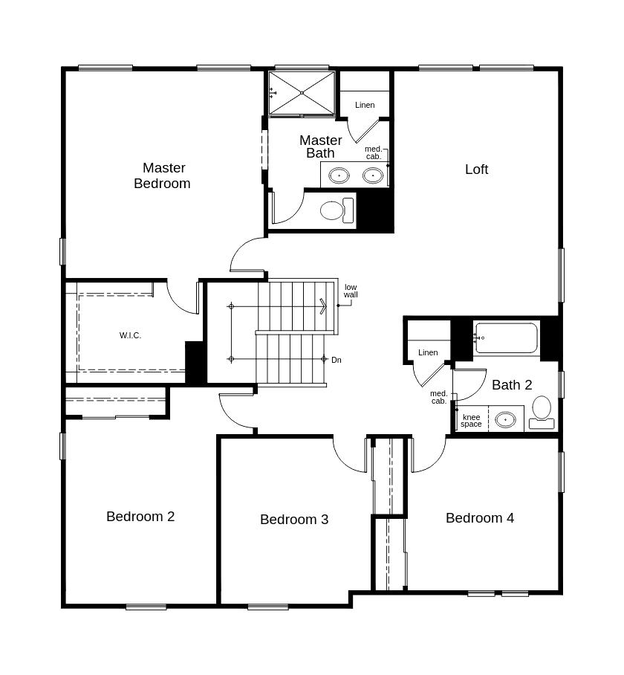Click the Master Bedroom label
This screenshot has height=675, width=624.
pyautogui.click(x=162, y=175)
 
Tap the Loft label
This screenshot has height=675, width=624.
pyautogui.click(x=476, y=169)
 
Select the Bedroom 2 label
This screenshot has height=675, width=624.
pyautogui.click(x=140, y=516)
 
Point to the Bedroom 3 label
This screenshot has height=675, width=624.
pyautogui.click(x=294, y=519)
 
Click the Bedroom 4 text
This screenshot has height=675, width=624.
pyautogui.click(x=480, y=517)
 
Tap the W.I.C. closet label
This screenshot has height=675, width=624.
pyautogui.click(x=130, y=335)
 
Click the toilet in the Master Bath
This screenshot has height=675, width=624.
pyautogui.click(x=337, y=210)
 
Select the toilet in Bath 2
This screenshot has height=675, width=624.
pyautogui.click(x=542, y=413)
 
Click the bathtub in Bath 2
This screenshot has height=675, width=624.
pyautogui.click(x=506, y=338)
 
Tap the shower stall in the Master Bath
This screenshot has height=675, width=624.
pyautogui.click(x=302, y=93)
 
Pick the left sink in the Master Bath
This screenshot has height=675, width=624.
pyautogui.click(x=339, y=175)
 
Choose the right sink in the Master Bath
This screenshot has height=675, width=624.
pyautogui.click(x=372, y=175)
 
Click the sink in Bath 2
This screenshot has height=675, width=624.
pyautogui.click(x=505, y=419)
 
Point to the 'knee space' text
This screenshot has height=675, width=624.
pyautogui.click(x=471, y=421)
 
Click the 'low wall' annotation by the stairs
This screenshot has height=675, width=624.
pyautogui.click(x=351, y=291)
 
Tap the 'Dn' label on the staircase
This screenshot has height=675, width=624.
pyautogui.click(x=337, y=360)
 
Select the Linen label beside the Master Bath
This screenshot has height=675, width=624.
pyautogui.click(x=365, y=105)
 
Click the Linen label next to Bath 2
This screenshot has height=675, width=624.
pyautogui.click(x=428, y=352)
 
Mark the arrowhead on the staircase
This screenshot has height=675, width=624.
pyautogui.click(x=323, y=306)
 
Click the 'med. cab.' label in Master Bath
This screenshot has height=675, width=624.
pyautogui.click(x=373, y=153)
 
